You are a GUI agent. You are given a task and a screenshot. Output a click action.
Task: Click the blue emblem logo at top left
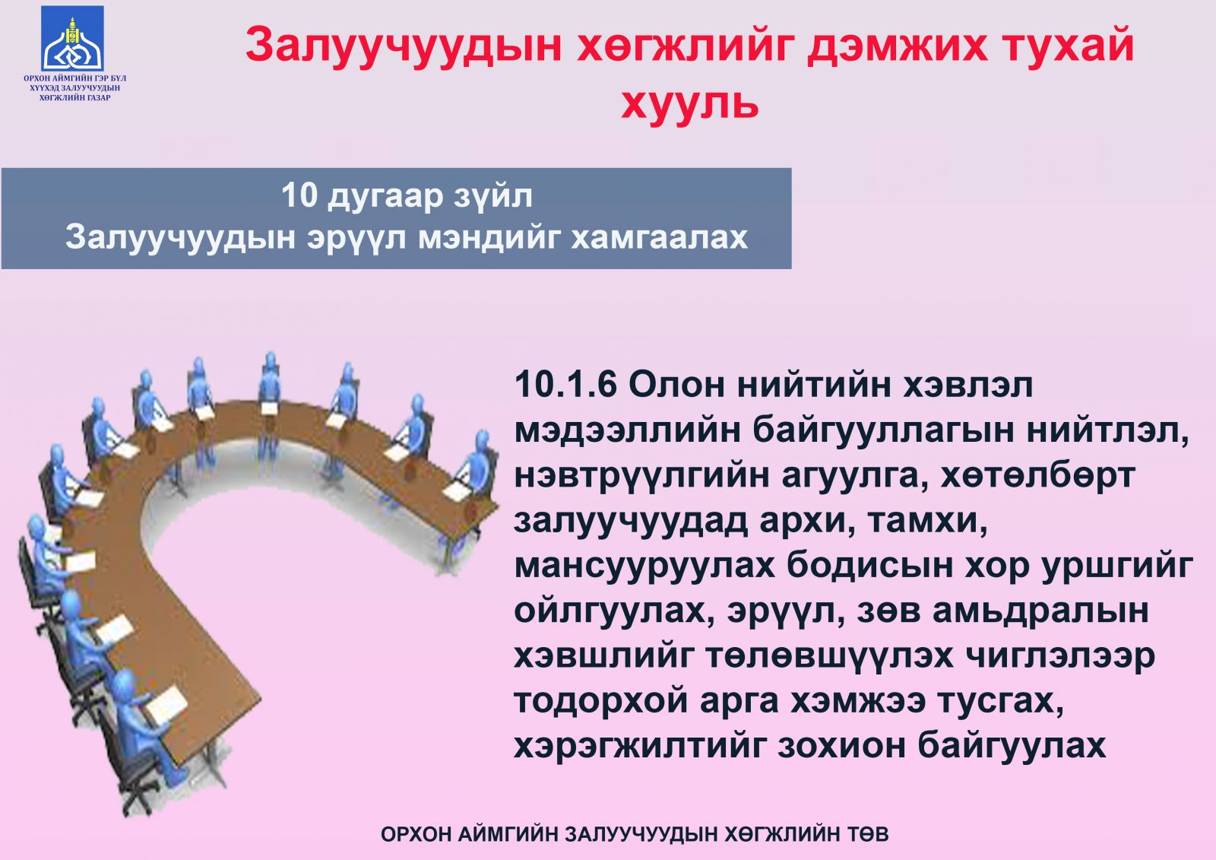pos(72,39)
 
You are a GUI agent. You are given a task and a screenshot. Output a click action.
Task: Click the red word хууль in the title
pos(689,103)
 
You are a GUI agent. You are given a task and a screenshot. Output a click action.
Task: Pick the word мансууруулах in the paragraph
pos(645,566)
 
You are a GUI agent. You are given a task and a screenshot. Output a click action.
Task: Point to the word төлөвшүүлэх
pos(829,656)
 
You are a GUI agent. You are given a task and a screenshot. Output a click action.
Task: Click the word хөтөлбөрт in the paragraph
pos(1037,476)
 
